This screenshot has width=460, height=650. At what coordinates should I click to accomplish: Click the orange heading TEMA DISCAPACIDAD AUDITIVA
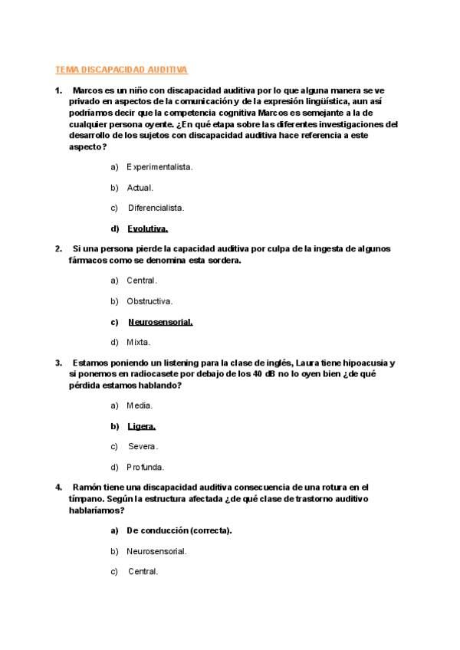pos(121,70)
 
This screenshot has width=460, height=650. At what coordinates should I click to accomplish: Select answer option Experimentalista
pos(159,166)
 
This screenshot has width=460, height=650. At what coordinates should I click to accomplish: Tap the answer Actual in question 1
pos(140,187)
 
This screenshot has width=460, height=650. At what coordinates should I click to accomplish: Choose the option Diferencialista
pos(156,208)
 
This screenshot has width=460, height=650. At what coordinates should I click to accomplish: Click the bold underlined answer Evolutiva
pos(148,228)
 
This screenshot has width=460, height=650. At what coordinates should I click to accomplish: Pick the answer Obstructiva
pos(149,301)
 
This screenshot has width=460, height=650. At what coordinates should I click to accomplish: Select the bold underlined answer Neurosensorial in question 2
pos(160,322)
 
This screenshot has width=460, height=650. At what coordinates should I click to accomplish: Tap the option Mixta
pos(139,343)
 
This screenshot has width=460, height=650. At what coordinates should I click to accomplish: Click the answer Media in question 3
pos(140,405)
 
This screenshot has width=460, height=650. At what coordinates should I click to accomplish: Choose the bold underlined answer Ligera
pos(142,425)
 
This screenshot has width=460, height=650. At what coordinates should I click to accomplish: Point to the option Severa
pos(143,446)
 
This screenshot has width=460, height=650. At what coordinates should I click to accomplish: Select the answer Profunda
pos(146,467)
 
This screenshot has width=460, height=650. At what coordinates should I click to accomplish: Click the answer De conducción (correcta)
pos(179,530)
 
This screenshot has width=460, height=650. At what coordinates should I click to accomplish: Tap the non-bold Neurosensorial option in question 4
pos(156,550)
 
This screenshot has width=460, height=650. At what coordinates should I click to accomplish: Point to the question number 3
pos(58,363)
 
